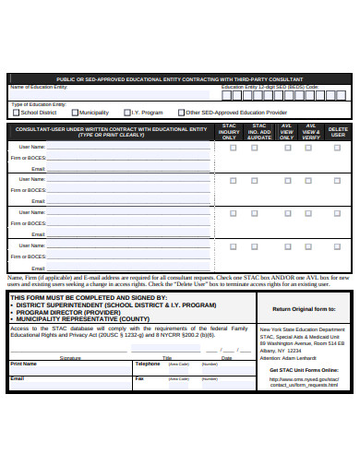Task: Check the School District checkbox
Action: click(x=16, y=112)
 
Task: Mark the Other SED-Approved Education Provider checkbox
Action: click(x=182, y=112)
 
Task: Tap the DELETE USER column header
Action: click(x=339, y=131)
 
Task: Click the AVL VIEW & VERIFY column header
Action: click(x=312, y=131)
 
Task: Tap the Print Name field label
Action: click(x=23, y=364)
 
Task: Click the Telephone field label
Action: click(x=148, y=364)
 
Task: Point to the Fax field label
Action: click(x=139, y=378)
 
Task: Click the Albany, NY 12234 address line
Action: click(x=280, y=351)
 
